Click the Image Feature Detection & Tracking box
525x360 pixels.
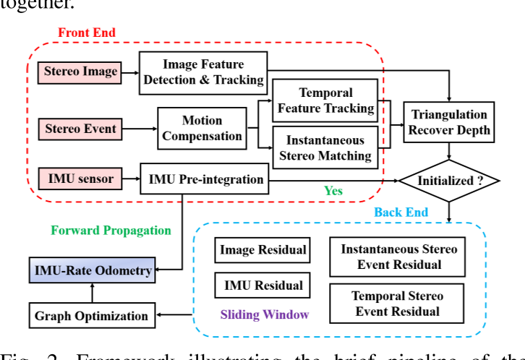tap(202, 71)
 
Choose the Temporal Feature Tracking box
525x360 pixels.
tap(325, 100)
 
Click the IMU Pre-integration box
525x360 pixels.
tap(206, 178)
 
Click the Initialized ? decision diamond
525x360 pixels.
tap(450, 181)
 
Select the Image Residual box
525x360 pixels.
tap(262, 251)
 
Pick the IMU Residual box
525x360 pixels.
tap(262, 285)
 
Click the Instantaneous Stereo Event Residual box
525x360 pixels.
tap(398, 257)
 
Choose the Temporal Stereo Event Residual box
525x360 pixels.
tap(397, 304)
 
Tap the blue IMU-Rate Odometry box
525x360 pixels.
tap(93, 270)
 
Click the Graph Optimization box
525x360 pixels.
tap(92, 315)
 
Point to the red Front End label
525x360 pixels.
tap(86, 33)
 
